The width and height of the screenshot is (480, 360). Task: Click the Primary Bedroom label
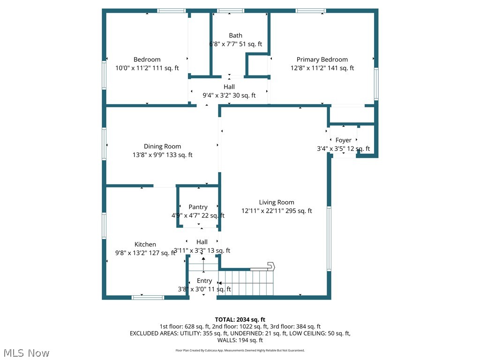point(322,60)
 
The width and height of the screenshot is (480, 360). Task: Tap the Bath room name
point(235,36)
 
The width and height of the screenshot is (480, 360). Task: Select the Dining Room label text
point(162,146)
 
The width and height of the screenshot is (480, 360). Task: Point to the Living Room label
point(277,202)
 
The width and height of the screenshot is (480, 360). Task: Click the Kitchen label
point(145,244)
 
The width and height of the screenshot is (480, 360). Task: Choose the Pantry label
point(198,207)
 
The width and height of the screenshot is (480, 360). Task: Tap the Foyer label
point(343,140)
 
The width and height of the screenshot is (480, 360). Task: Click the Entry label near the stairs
point(204,281)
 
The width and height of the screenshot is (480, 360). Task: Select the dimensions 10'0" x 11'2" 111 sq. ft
point(147,68)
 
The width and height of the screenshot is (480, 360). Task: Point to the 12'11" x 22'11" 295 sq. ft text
point(277,211)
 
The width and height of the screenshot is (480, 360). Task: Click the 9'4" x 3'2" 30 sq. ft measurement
point(229,95)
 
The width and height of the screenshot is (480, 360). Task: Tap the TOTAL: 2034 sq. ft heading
point(240,320)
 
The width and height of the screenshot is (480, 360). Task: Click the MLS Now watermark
point(26,352)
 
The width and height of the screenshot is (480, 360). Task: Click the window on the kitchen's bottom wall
point(148,297)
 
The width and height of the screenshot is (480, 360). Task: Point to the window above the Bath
point(231,10)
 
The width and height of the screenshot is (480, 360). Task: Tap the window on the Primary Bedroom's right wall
point(376,83)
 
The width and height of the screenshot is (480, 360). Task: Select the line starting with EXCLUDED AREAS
point(240,333)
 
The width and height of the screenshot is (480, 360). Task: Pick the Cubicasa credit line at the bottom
point(240,350)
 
